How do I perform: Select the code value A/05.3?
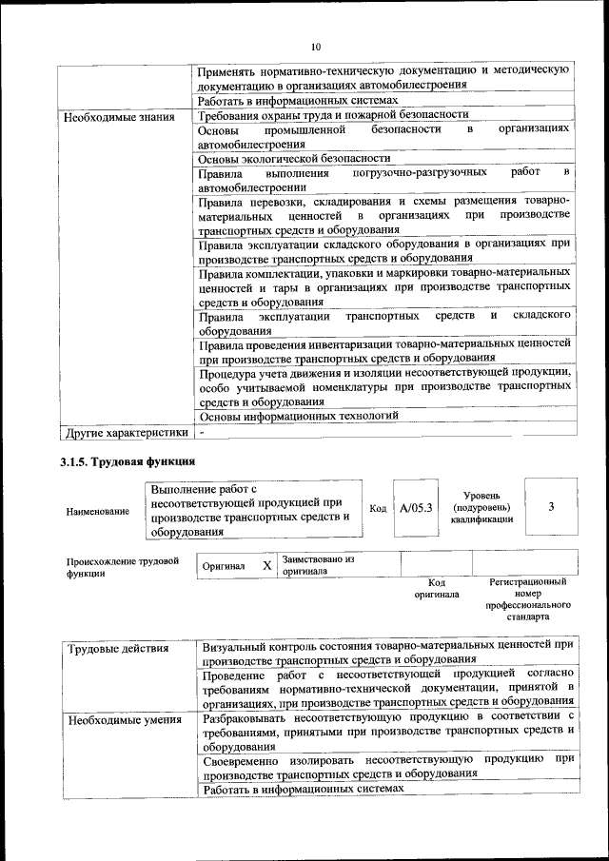(x=416, y=508)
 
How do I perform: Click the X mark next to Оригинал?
(x=267, y=566)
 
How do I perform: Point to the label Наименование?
(x=98, y=512)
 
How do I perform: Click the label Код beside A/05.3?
(x=378, y=509)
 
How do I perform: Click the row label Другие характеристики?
(x=126, y=433)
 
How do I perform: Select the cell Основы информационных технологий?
(x=298, y=416)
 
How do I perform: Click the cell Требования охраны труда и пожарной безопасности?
(x=333, y=116)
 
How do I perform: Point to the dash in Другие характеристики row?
(x=203, y=433)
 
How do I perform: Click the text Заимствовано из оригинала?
(x=317, y=565)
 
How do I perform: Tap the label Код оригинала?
(x=436, y=588)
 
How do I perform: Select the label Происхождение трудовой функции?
(x=123, y=567)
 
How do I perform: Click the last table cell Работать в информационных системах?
(x=304, y=790)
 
